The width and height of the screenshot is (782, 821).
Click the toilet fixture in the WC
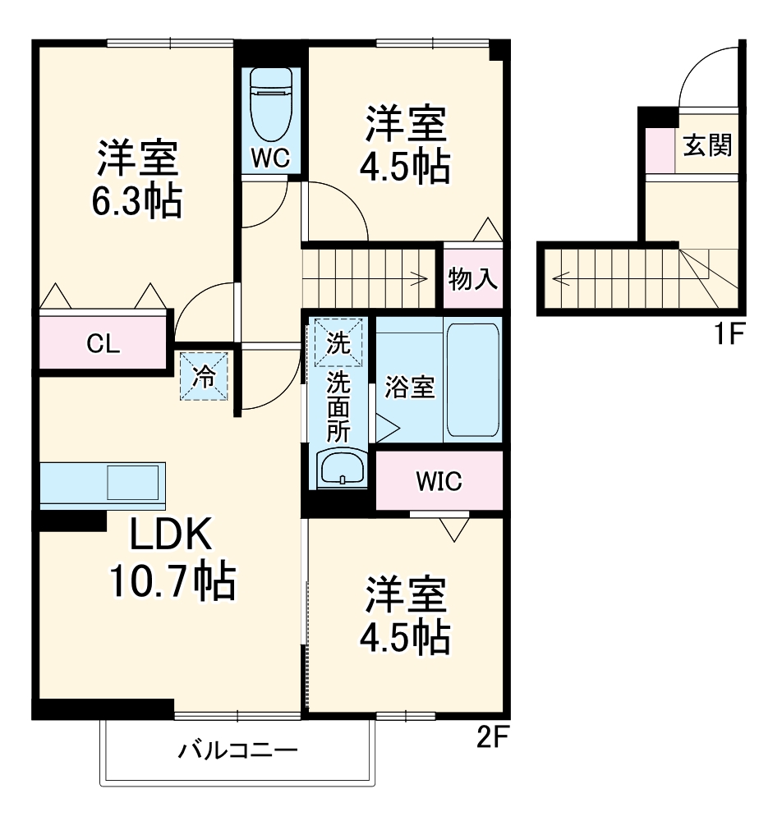click(x=271, y=107)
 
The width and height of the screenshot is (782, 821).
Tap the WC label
click(x=270, y=158)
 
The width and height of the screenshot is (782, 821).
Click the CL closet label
click(x=103, y=344)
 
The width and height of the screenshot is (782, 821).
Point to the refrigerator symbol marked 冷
click(x=204, y=377)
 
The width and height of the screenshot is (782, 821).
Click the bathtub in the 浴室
click(x=473, y=378)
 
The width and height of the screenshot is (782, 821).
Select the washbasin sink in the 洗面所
click(x=340, y=470)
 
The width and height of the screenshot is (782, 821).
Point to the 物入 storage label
click(x=472, y=280)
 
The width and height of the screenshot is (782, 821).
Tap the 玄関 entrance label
click(x=707, y=146)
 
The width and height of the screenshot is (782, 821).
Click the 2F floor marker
click(x=493, y=738)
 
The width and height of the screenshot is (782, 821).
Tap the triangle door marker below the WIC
click(x=453, y=530)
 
